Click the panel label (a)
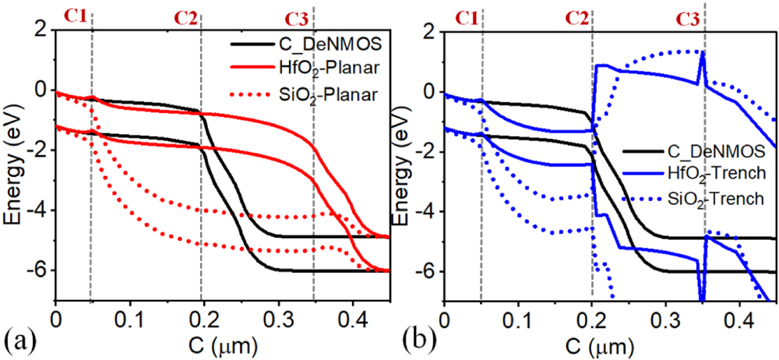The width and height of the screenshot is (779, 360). coord(18,341)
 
